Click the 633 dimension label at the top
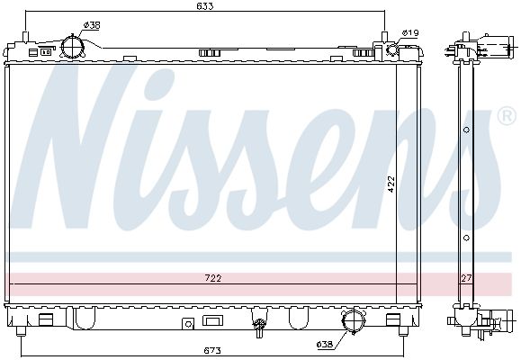click(x=205, y=8)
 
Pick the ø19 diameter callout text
click(x=410, y=33)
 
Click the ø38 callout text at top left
click(x=92, y=25)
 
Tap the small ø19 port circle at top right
click(x=392, y=50)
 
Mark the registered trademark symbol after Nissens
click(x=507, y=117)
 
